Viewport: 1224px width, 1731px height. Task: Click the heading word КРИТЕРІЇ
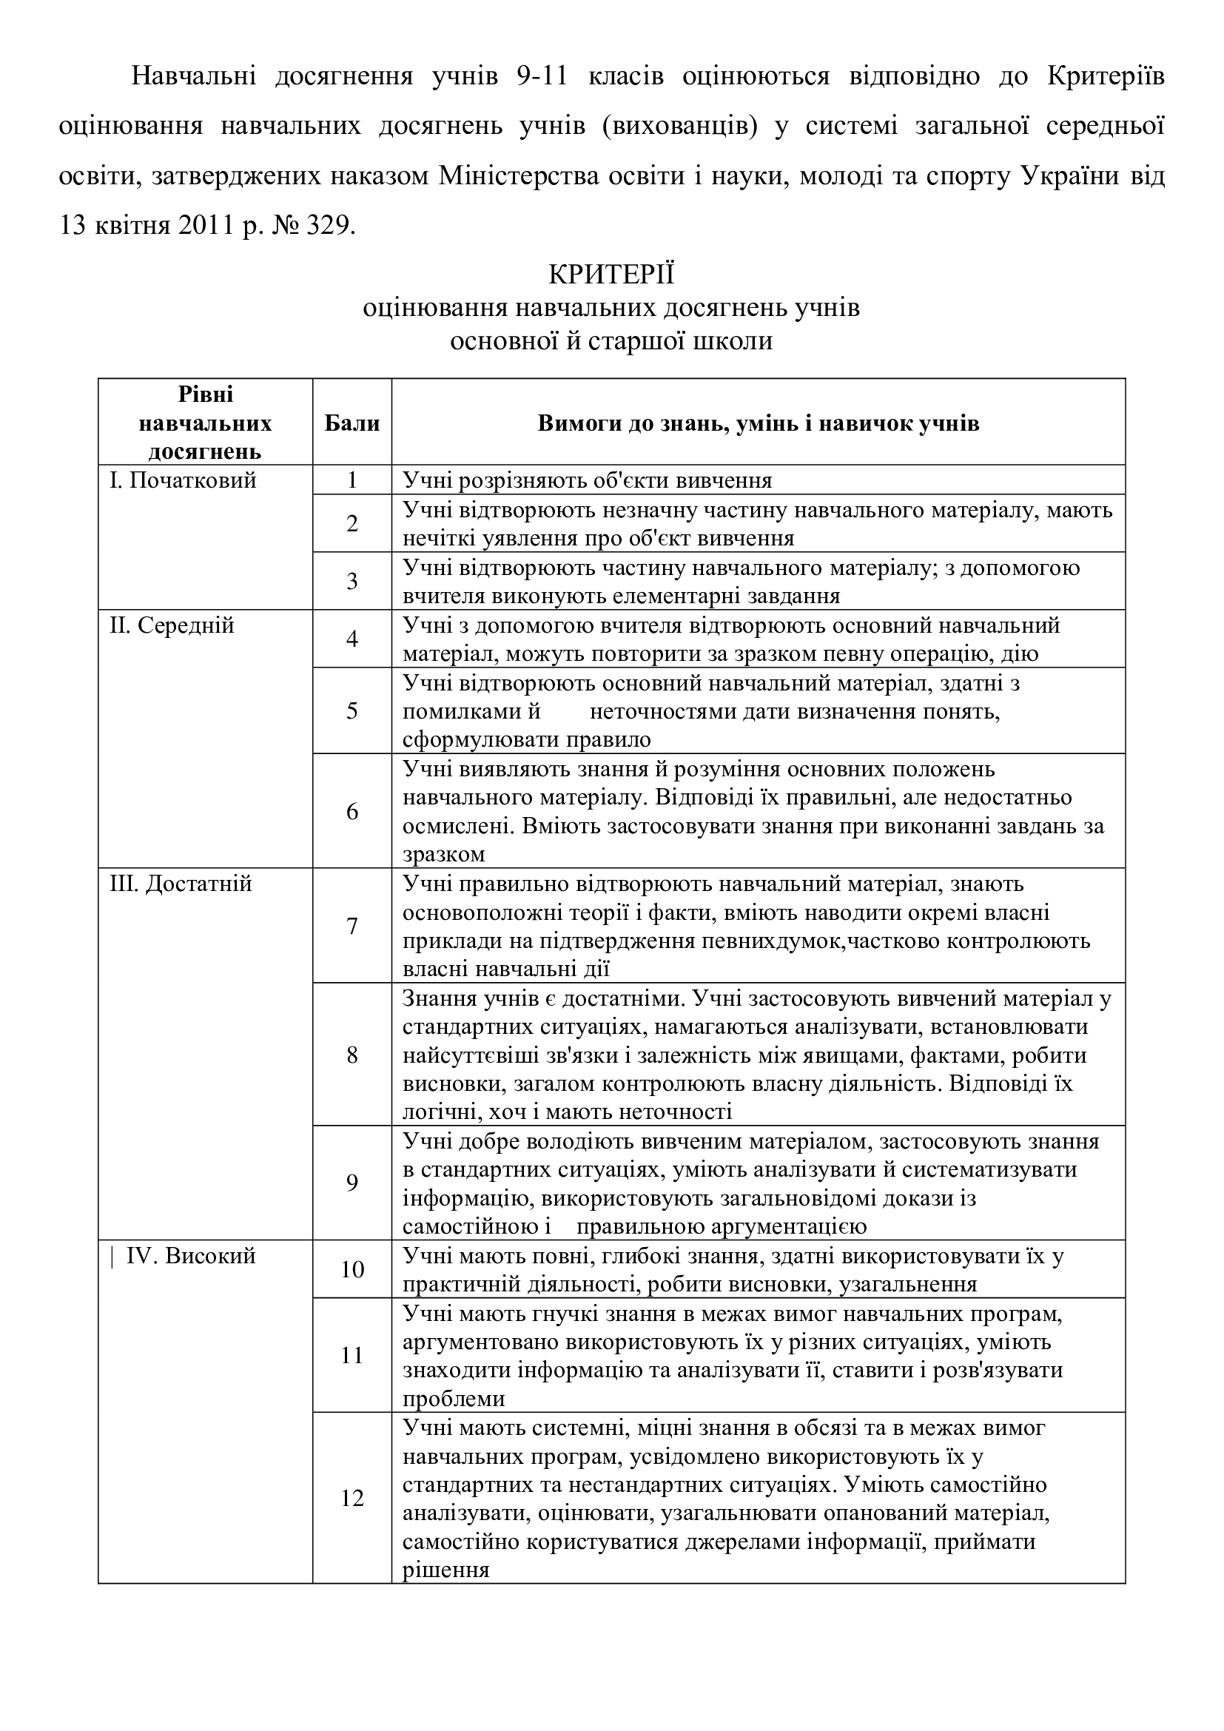[x=611, y=275]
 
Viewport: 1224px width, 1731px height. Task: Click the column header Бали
[x=352, y=423]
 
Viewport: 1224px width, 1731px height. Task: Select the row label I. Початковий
[x=183, y=480]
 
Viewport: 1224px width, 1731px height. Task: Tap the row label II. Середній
[x=172, y=625]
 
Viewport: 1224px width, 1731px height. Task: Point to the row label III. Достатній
[x=181, y=883]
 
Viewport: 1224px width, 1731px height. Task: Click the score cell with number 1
[x=352, y=480]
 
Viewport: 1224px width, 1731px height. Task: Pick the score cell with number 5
[x=352, y=711]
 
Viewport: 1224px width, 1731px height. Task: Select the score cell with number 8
[x=352, y=1055]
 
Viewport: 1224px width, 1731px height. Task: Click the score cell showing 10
[x=352, y=1270]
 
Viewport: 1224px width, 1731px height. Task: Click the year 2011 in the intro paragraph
[x=206, y=226]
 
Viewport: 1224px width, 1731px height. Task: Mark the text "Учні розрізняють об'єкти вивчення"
[x=587, y=480]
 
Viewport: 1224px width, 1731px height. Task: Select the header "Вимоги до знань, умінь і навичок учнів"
[x=758, y=423]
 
